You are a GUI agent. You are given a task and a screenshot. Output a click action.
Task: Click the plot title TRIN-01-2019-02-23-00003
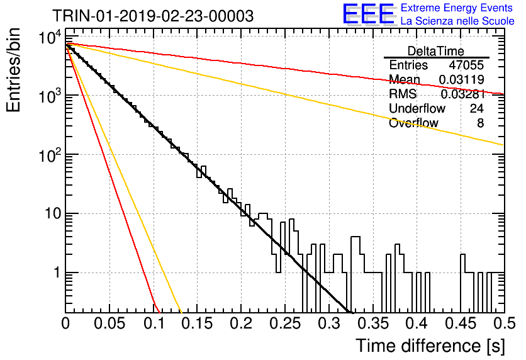point(153,16)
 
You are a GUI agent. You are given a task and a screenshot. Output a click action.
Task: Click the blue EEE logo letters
point(369,14)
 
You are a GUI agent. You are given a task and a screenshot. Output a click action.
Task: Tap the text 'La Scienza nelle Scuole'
point(457,21)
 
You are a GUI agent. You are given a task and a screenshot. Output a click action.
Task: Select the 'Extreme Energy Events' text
point(457,8)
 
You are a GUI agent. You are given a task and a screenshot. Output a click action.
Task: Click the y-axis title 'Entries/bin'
point(13,70)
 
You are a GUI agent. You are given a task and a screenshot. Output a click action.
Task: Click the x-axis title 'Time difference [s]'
point(430,346)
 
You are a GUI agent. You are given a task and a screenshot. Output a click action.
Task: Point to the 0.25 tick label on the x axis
point(285,323)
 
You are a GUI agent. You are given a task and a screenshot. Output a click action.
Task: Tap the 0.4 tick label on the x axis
point(417,323)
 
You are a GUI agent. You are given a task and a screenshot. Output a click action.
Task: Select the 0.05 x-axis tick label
point(109,323)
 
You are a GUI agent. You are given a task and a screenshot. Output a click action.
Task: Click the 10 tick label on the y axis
point(53,213)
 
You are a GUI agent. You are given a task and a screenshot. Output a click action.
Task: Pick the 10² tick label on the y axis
point(50,154)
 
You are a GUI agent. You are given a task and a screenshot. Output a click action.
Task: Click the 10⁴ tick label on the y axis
point(50,37)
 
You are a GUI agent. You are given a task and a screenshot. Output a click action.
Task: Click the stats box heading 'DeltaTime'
point(436,51)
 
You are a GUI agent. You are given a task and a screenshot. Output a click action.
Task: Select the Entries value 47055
point(466,65)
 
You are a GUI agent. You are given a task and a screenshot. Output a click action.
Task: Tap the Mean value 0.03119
point(462,79)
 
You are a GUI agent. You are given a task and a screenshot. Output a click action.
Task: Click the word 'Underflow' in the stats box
point(417,108)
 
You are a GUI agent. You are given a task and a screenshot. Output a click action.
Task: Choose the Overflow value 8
point(480,123)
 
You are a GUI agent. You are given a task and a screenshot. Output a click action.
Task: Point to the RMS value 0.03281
point(462,94)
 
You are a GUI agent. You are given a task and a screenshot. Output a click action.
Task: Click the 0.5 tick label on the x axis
point(504,323)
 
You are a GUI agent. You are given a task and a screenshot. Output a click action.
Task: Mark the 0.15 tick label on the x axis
point(197,323)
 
